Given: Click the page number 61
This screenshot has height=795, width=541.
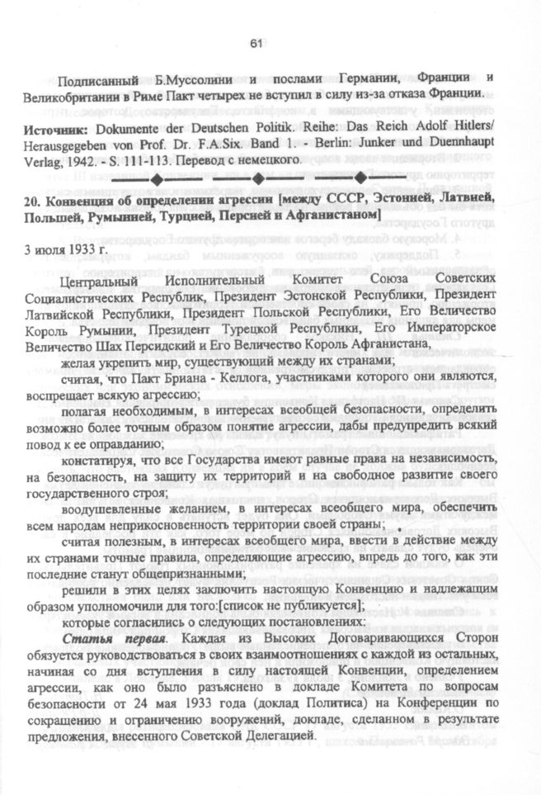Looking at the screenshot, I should [x=254, y=43].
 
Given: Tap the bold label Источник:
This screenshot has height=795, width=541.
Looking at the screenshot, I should [x=58, y=130].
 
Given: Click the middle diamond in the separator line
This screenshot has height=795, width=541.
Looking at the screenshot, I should [x=257, y=178].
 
